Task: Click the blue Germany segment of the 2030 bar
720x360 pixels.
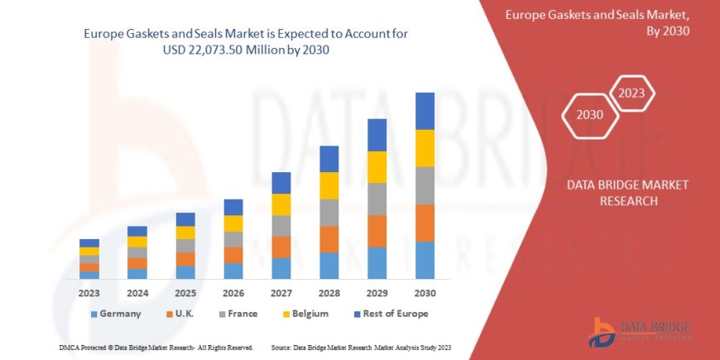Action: click(x=425, y=260)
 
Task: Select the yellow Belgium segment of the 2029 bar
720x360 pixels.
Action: click(x=377, y=167)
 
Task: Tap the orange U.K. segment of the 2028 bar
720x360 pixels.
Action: click(x=329, y=239)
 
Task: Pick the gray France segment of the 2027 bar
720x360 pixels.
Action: click(x=281, y=226)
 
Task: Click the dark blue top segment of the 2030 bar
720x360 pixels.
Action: click(x=425, y=111)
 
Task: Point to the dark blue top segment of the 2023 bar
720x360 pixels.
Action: click(x=89, y=242)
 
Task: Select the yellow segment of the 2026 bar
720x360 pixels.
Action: click(x=233, y=223)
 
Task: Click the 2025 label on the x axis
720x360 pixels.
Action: click(x=185, y=292)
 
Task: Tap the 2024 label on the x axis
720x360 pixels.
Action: click(x=137, y=292)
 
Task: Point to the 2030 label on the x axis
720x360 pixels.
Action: click(x=425, y=292)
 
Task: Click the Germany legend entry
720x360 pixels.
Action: click(x=115, y=314)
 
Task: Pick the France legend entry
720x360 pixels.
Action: click(x=237, y=314)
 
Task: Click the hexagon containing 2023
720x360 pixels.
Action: click(x=632, y=93)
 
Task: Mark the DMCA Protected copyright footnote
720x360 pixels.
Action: click(x=156, y=347)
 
